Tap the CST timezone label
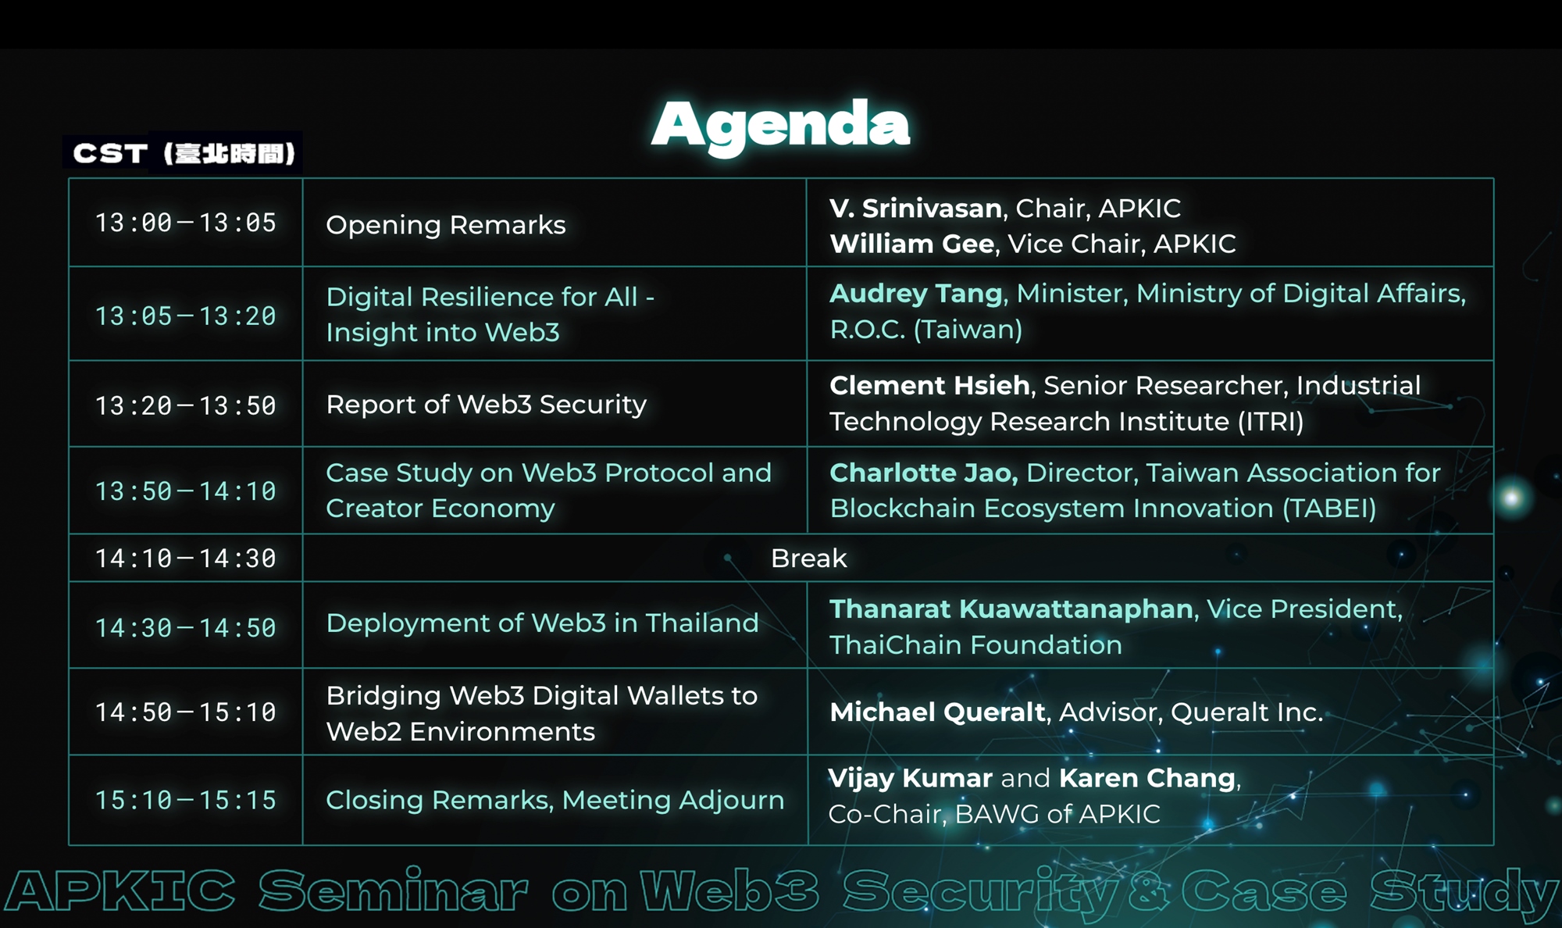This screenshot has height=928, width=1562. click(x=184, y=153)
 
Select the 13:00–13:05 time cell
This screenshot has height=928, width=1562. click(x=186, y=223)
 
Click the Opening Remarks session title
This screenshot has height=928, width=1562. click(x=446, y=225)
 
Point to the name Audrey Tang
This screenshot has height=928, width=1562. click(x=915, y=294)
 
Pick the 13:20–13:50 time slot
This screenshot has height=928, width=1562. click(x=186, y=405)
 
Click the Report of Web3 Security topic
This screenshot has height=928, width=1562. click(x=487, y=405)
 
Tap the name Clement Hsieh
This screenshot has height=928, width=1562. click(x=929, y=385)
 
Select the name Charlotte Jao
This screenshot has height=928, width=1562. click(x=923, y=473)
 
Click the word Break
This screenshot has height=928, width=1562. click(x=808, y=559)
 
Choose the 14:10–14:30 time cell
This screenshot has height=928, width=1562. click(x=186, y=559)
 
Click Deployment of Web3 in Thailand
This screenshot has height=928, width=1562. click(x=542, y=623)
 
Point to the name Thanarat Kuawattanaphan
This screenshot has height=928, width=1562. click(x=1011, y=609)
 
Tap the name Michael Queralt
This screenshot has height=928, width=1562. click(x=937, y=712)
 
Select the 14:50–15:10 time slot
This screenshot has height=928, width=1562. click(x=186, y=712)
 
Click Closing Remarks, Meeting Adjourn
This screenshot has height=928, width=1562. click(x=555, y=801)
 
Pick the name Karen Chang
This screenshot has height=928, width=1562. click(x=1147, y=778)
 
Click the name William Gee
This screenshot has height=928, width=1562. click(x=911, y=244)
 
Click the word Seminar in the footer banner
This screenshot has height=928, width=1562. click(x=394, y=891)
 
